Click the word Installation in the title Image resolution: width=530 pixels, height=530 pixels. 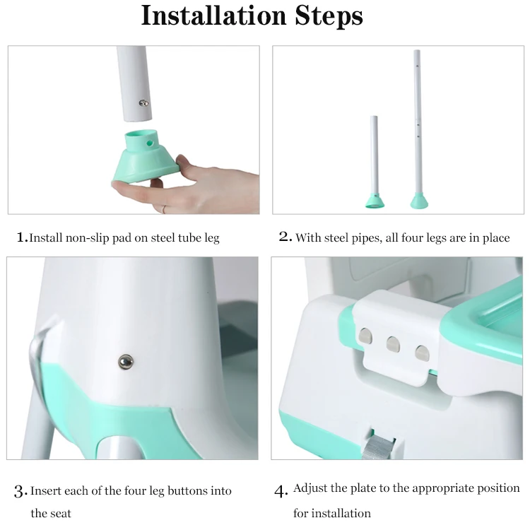(213, 16)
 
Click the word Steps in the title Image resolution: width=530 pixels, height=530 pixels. (329, 16)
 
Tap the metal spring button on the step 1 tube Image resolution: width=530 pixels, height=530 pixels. (143, 103)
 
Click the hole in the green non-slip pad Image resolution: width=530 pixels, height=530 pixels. (149, 143)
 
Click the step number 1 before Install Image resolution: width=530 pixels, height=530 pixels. (21, 237)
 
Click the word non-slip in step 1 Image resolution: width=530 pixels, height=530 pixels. (87, 238)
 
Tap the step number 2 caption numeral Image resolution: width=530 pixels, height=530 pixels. (285, 237)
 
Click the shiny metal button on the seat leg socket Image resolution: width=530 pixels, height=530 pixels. (126, 362)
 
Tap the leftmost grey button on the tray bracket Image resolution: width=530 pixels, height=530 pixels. (365, 336)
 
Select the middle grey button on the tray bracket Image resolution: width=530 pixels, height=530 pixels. (393, 344)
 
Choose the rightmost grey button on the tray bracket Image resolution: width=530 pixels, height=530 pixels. (422, 353)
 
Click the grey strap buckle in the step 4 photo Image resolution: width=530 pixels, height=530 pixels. (379, 446)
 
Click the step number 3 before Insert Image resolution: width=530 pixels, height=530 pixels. (20, 491)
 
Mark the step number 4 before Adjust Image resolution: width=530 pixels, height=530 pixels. (281, 491)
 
